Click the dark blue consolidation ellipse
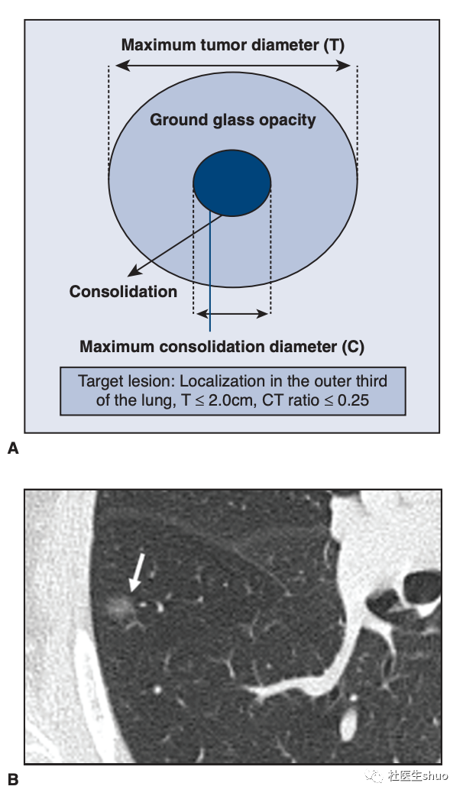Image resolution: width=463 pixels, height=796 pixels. (232, 183)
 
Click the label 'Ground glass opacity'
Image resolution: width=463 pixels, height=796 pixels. (233, 120)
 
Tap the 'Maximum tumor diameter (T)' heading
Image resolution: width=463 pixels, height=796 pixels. (233, 44)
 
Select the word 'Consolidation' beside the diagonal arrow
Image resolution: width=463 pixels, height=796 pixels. (123, 291)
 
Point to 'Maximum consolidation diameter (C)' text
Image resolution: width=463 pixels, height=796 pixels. (222, 346)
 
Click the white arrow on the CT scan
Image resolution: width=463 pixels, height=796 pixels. (138, 572)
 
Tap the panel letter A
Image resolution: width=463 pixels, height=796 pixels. (13, 448)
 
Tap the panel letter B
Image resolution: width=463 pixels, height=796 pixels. (13, 779)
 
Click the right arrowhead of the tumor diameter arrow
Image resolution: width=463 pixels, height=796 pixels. (344, 66)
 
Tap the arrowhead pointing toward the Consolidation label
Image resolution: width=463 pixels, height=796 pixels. (133, 273)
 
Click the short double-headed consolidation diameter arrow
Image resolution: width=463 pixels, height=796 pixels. (232, 314)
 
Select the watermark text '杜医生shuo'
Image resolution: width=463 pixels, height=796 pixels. (418, 775)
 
